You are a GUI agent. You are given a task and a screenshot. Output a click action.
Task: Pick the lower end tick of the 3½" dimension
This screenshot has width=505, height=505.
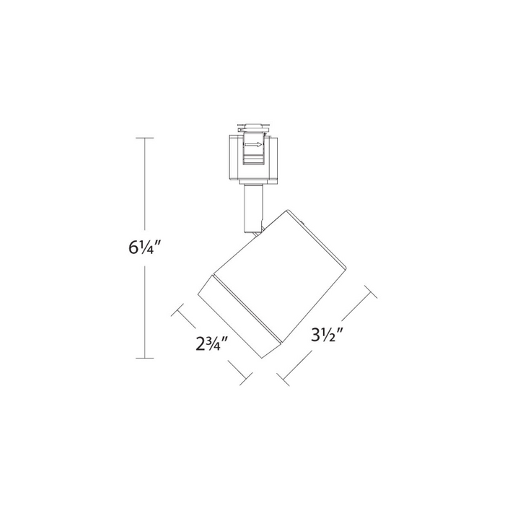click(282, 377)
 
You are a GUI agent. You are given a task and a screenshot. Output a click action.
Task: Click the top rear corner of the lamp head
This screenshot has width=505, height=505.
click(287, 211)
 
